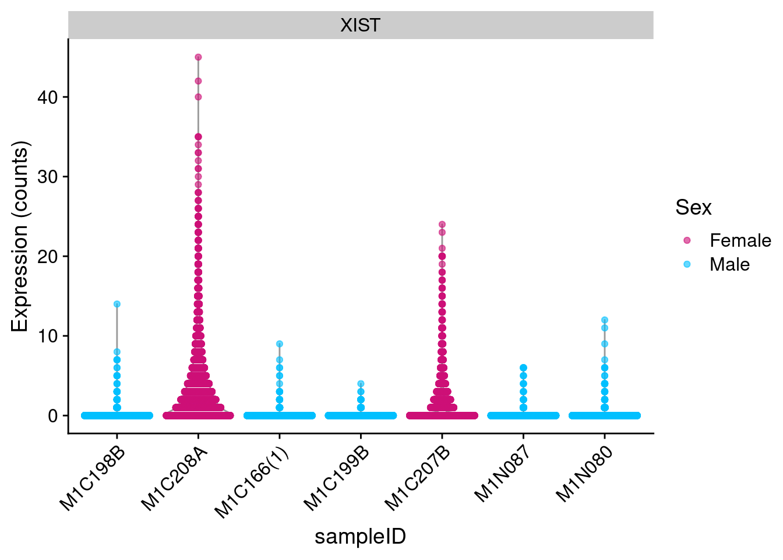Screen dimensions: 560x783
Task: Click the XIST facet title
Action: [360, 25]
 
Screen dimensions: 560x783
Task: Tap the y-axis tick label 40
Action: [48, 97]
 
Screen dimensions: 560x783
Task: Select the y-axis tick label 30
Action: [48, 177]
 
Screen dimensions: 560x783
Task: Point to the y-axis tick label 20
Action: [48, 256]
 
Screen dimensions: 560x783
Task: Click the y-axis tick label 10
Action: [48, 336]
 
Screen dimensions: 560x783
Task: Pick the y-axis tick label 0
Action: [54, 416]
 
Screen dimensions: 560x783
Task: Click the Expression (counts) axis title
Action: [20, 236]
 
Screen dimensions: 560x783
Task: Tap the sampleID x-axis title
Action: [360, 537]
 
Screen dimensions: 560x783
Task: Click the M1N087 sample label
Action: [502, 474]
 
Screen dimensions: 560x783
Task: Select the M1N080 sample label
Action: [584, 474]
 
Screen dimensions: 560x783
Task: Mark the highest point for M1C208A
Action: [198, 57]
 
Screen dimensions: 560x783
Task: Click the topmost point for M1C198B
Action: [117, 304]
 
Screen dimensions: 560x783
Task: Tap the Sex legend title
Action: [693, 208]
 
